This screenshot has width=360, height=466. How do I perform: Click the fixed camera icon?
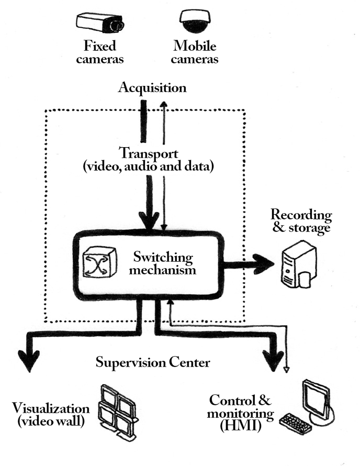click(x=100, y=23)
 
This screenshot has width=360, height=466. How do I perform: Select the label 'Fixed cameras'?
click(x=100, y=53)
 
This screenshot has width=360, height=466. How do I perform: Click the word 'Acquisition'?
click(x=152, y=87)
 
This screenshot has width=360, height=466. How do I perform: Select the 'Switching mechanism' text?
click(x=164, y=264)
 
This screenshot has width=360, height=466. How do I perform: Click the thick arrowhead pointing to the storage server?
click(x=264, y=263)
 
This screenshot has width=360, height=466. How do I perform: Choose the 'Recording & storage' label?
click(x=301, y=221)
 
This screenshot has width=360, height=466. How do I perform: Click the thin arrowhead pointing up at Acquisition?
click(x=164, y=105)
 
